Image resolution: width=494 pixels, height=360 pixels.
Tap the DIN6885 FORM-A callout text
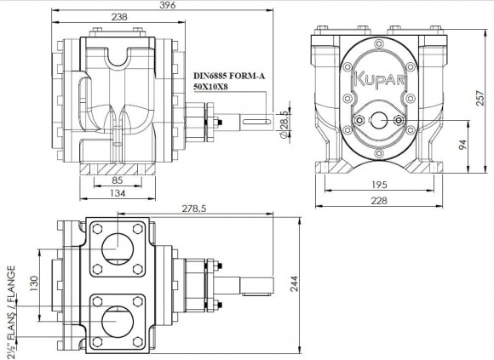[229, 76]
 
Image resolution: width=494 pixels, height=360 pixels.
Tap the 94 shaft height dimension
[462, 146]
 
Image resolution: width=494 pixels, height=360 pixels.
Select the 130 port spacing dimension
[32, 283]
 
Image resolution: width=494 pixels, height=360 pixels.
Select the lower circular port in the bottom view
[115, 322]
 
